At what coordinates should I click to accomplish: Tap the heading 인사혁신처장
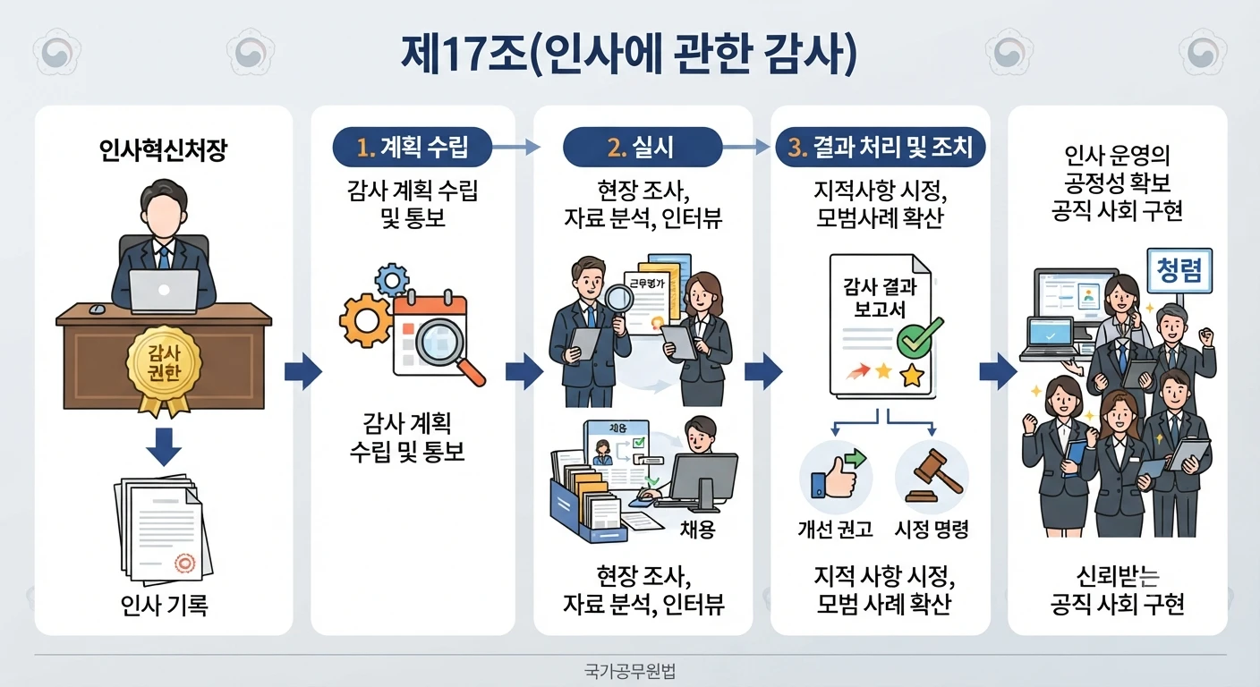pyautogui.click(x=163, y=150)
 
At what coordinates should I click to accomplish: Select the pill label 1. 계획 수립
pyautogui.click(x=413, y=148)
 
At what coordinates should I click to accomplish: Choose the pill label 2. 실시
pyautogui.click(x=642, y=148)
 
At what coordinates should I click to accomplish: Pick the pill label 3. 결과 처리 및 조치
pyautogui.click(x=880, y=148)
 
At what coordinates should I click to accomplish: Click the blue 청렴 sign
pyautogui.click(x=1179, y=271)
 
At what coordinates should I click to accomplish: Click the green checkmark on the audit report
pyautogui.click(x=918, y=338)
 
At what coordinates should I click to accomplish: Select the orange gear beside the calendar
pyautogui.click(x=366, y=321)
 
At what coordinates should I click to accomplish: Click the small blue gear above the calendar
pyautogui.click(x=392, y=279)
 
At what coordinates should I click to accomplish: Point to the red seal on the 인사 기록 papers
pyautogui.click(x=184, y=563)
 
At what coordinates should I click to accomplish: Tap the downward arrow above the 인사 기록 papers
pyautogui.click(x=164, y=447)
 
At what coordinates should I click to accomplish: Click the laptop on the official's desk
pyautogui.click(x=164, y=292)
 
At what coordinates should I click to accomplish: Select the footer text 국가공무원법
pyautogui.click(x=630, y=671)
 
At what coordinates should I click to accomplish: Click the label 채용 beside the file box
pyautogui.click(x=697, y=529)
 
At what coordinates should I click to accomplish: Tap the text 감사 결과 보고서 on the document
pyautogui.click(x=880, y=298)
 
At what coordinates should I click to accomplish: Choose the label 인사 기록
pyautogui.click(x=165, y=606)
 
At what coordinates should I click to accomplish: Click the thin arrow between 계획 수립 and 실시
pyautogui.click(x=516, y=148)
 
